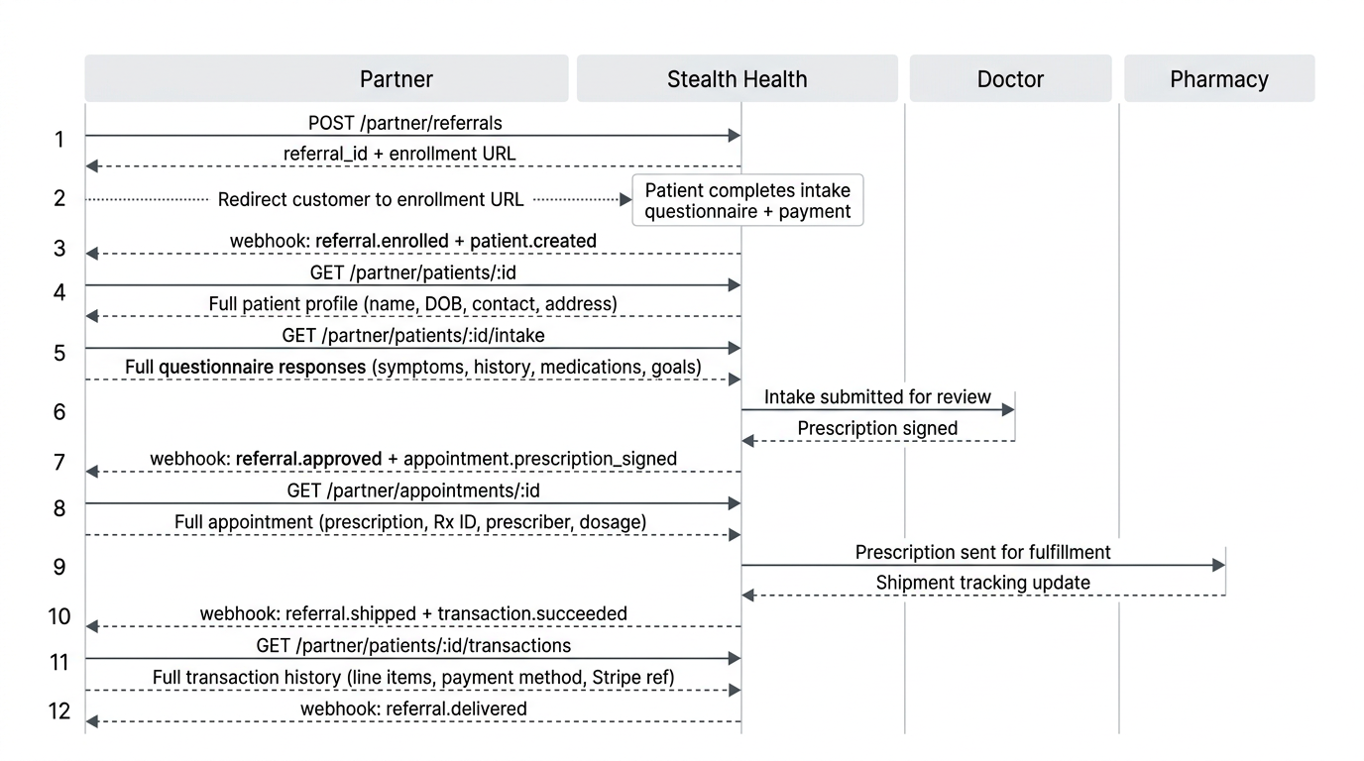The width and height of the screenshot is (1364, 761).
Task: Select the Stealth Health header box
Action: [x=737, y=79]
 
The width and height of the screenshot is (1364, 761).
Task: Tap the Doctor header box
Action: [x=1010, y=79]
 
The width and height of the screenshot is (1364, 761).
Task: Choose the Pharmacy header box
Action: [x=1218, y=79]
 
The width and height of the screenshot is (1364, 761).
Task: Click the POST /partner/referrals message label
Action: [x=404, y=124]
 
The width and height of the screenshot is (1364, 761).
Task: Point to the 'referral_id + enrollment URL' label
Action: [x=399, y=155]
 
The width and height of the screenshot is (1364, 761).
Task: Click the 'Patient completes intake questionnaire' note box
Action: [x=747, y=200]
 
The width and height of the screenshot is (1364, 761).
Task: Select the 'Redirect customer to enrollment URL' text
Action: [x=371, y=200]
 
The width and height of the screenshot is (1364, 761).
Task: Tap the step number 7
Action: [x=59, y=463]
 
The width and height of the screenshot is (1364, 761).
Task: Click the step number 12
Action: [x=59, y=710]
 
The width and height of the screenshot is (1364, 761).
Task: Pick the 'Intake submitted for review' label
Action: [x=877, y=397]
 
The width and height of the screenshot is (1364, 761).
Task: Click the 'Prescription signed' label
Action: [x=877, y=429]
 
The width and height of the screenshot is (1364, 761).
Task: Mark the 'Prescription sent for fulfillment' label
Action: [x=982, y=553]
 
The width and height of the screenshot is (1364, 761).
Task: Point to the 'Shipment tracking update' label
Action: [x=982, y=584]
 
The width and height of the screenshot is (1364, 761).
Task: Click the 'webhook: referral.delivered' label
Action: [x=413, y=708]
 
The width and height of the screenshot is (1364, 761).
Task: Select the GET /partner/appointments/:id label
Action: [x=413, y=490]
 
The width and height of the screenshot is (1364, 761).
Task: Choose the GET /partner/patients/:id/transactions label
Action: [x=413, y=646]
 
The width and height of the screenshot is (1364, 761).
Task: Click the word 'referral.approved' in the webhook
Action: [x=308, y=459]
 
